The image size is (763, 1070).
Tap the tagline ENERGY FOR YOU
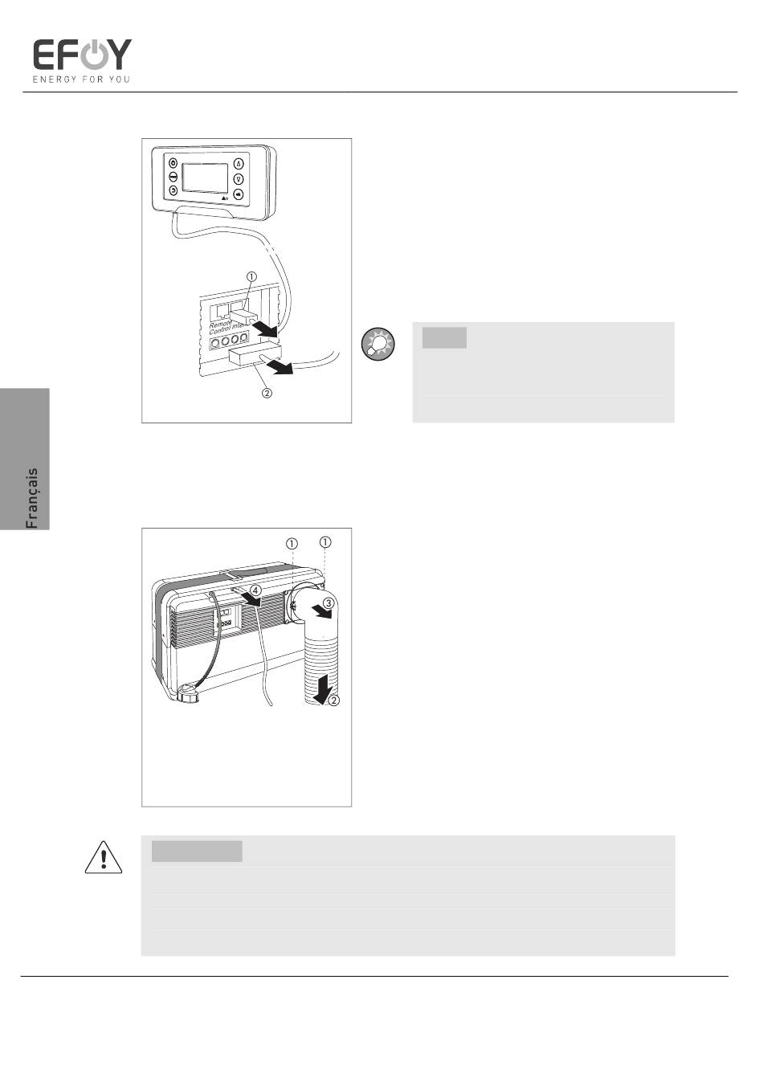(x=81, y=80)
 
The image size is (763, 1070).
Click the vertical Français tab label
(x=31, y=498)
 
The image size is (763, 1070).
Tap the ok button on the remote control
(x=239, y=194)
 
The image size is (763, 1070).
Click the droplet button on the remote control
(x=239, y=164)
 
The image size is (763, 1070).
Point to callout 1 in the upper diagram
(x=251, y=276)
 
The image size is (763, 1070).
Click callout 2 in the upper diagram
(x=267, y=393)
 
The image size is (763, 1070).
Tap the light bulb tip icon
(x=378, y=342)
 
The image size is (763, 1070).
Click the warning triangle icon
(x=103, y=857)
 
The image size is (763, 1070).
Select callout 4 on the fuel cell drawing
(x=256, y=590)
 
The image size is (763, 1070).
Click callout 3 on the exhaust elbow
(x=328, y=602)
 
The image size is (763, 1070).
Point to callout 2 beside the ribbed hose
(x=334, y=700)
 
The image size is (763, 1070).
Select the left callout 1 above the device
(x=292, y=544)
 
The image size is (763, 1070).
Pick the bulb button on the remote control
(x=239, y=179)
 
